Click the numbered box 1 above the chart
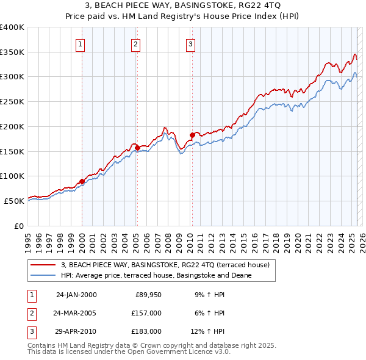coord(81,43)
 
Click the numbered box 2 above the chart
coord(135,43)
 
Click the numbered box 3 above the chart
coord(190,43)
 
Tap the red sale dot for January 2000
coord(82,181)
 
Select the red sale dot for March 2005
coord(137,148)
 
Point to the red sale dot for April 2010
coord(192,135)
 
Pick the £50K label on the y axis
coord(14,201)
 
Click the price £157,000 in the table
coord(146,313)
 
